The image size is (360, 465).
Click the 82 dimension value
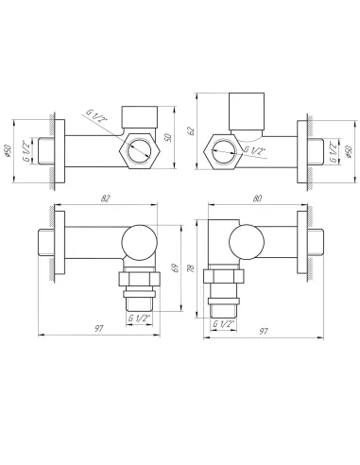click(x=106, y=198)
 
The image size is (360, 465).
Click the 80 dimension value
click(x=257, y=198)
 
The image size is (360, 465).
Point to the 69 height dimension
click(x=176, y=267)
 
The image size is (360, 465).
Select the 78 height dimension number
click(x=191, y=268)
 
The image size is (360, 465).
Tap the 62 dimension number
click(x=191, y=130)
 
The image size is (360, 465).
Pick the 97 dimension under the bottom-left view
click(x=99, y=328)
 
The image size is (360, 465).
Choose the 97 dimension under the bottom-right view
click(x=264, y=331)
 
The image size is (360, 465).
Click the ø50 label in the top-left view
click(x=8, y=151)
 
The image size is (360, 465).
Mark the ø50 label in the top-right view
click(x=348, y=151)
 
